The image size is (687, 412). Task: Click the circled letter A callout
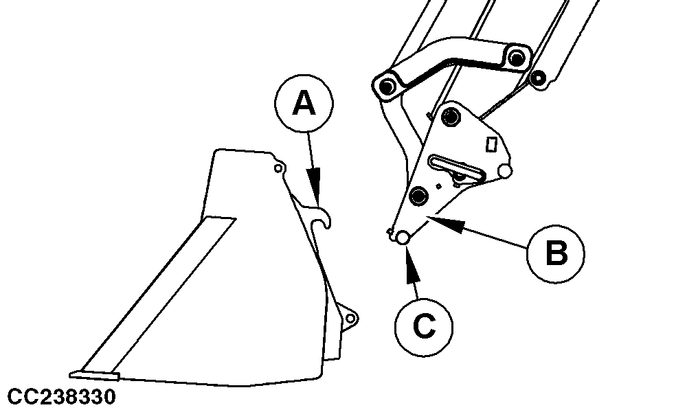pyautogui.click(x=304, y=103)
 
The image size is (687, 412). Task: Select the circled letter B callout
pyautogui.click(x=556, y=253)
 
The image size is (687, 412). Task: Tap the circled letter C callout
pyautogui.click(x=424, y=327)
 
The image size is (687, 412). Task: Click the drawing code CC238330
pyautogui.click(x=62, y=397)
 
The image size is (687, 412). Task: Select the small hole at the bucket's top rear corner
pyautogui.click(x=278, y=168)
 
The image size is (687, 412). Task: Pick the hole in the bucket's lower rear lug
pyautogui.click(x=350, y=318)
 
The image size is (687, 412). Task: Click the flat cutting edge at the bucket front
pyautogui.click(x=95, y=375)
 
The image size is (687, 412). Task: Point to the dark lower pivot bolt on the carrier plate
pyautogui.click(x=419, y=195)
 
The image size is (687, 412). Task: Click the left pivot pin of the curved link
pyautogui.click(x=387, y=87)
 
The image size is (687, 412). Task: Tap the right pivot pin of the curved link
pyautogui.click(x=517, y=58)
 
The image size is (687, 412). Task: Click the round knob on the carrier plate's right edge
pyautogui.click(x=505, y=172)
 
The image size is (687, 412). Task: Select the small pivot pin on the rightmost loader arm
pyautogui.click(x=538, y=79)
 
